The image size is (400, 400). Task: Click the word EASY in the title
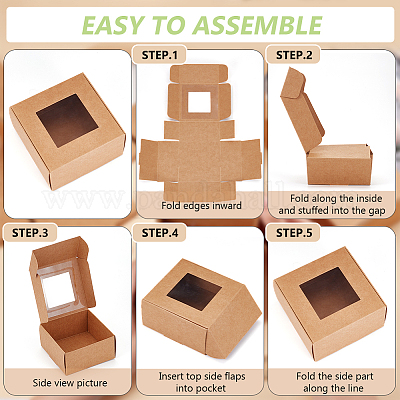click(112, 25)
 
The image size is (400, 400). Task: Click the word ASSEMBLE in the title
click(258, 25)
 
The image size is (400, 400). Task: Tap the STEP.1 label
click(160, 55)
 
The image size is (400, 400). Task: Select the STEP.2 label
click(294, 55)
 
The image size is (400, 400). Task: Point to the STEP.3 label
click(30, 233)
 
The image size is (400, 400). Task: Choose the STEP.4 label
click(160, 233)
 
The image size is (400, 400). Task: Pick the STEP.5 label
click(294, 233)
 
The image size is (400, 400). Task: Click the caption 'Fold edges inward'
click(201, 206)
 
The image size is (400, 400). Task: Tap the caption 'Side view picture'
click(70, 383)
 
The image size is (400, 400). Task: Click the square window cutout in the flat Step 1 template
click(199, 102)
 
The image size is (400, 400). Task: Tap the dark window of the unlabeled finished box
click(68, 120)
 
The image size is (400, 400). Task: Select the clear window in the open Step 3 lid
click(59, 290)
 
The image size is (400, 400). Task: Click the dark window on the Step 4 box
click(194, 292)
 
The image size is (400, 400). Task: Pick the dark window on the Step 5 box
click(329, 293)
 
